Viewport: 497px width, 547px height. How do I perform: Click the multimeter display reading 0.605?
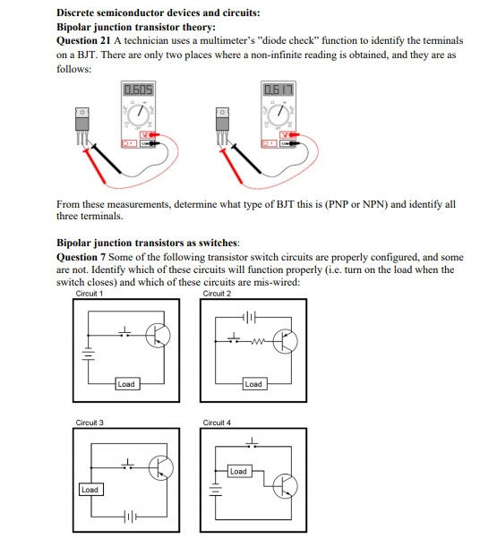[x=140, y=90]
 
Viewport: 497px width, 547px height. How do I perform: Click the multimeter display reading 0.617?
[x=277, y=90]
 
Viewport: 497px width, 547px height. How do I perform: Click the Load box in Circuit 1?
[x=125, y=384]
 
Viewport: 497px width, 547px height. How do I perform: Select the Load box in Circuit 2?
[x=253, y=384]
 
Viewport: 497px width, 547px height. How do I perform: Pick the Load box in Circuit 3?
[x=90, y=490]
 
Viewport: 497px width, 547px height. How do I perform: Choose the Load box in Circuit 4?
[x=238, y=471]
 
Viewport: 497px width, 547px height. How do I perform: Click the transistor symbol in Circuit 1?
[x=159, y=336]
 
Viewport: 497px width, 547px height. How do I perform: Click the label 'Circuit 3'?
[x=90, y=422]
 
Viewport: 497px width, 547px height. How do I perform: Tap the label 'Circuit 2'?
[x=217, y=294]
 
